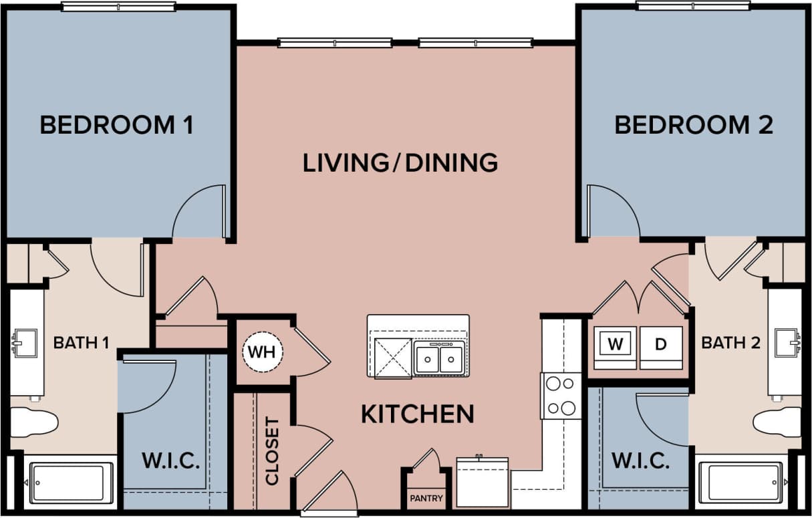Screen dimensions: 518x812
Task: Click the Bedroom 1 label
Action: click(x=117, y=125)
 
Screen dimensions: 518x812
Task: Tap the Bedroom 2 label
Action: click(x=694, y=125)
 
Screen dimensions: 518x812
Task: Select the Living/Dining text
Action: click(x=400, y=163)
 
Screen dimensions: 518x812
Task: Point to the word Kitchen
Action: click(x=418, y=414)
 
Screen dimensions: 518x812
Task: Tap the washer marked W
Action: click(x=615, y=345)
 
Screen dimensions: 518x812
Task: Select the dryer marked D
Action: click(x=660, y=345)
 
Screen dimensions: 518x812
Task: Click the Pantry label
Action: click(x=426, y=499)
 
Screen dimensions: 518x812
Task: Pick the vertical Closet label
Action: click(x=272, y=451)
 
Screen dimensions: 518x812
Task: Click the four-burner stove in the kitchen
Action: click(x=560, y=396)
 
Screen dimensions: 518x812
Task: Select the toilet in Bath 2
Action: click(x=777, y=422)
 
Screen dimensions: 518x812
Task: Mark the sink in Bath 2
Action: click(x=786, y=343)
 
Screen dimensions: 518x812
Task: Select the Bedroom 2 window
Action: click(x=693, y=6)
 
